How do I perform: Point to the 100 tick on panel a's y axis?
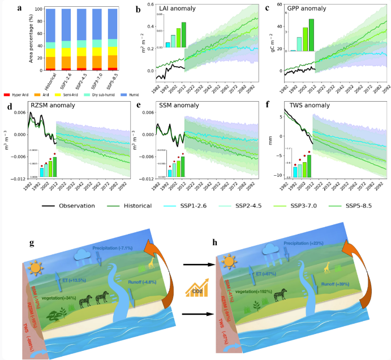pos(39,10)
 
